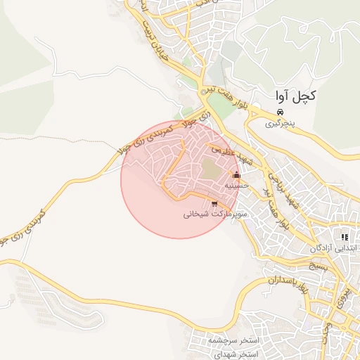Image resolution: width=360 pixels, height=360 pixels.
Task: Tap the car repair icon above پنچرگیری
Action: coord(280,112)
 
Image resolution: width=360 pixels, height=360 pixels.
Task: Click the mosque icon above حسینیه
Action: coord(236,175)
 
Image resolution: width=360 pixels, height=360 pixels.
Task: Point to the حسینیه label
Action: coord(234,186)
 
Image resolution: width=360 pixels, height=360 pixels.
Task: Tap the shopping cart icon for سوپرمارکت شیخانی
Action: coord(214,204)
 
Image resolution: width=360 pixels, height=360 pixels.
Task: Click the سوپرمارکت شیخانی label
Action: coord(212,214)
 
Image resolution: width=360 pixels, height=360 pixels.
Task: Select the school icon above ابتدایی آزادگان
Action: coord(345,237)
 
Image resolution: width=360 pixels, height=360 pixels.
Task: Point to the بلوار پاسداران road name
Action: coord(288,283)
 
